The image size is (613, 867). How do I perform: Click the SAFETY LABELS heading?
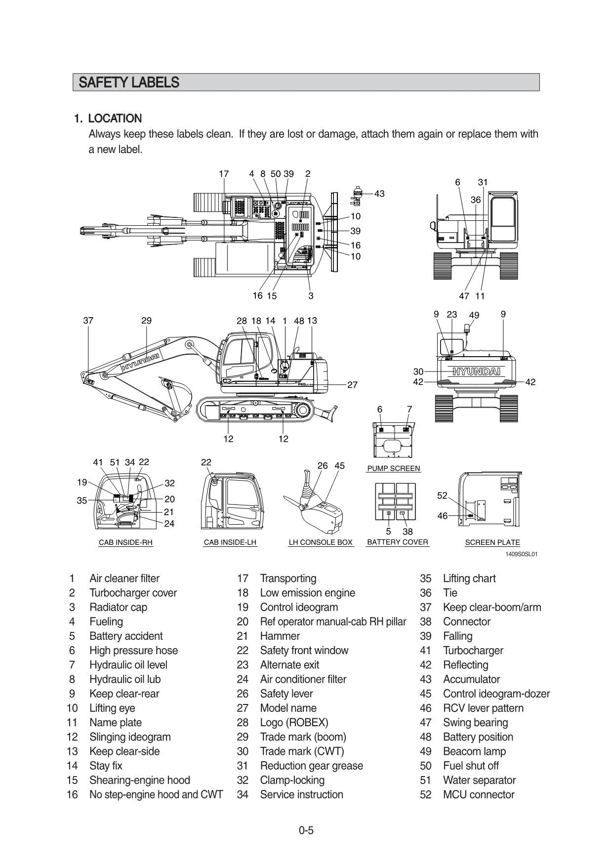[128, 83]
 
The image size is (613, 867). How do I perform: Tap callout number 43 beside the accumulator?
[379, 194]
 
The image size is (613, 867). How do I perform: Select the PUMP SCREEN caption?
[393, 468]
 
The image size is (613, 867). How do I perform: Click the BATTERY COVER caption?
[397, 542]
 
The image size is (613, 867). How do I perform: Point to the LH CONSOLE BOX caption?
[321, 542]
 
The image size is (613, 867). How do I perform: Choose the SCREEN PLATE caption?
[492, 542]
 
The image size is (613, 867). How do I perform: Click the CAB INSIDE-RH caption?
[125, 542]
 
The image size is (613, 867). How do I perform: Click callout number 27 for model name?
[352, 385]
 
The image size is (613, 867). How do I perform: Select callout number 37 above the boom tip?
[88, 321]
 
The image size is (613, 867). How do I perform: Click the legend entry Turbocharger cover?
[133, 593]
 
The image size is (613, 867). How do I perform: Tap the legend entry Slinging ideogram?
[130, 737]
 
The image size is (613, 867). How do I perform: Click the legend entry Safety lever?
[286, 694]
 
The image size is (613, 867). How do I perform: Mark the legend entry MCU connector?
[479, 795]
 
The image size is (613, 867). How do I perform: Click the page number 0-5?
[306, 830]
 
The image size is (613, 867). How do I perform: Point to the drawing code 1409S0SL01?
[521, 554]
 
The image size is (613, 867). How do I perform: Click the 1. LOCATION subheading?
[108, 119]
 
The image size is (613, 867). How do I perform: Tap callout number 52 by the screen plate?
[442, 495]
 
